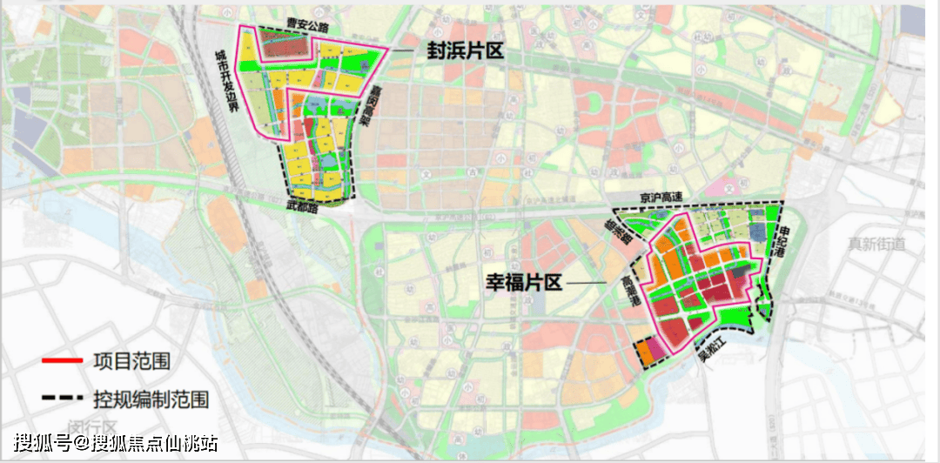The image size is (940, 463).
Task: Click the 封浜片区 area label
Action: tap(465, 52)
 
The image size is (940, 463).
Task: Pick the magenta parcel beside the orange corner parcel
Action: tap(657, 349)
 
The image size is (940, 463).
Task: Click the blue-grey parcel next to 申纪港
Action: tap(755, 231)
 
